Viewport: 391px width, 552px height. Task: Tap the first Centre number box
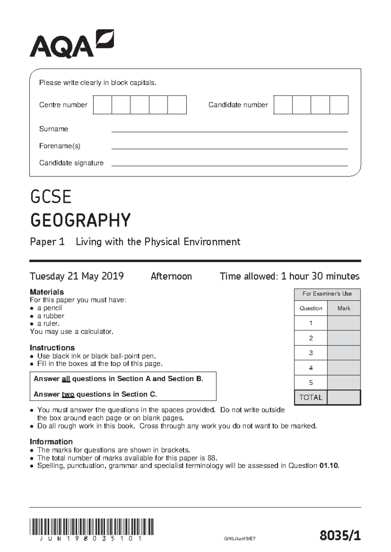click(x=102, y=105)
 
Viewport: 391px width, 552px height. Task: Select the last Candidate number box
click(x=339, y=105)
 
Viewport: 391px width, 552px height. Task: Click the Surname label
click(x=53, y=129)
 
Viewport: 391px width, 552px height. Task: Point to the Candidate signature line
click(x=230, y=165)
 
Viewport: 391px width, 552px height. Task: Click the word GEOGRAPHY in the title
click(x=80, y=220)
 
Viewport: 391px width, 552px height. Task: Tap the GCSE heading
click(x=51, y=197)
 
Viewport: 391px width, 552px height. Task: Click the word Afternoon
click(x=171, y=276)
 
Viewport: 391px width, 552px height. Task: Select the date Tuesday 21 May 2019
click(x=77, y=276)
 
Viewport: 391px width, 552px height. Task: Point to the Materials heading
click(x=47, y=292)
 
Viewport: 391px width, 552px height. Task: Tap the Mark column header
click(x=344, y=308)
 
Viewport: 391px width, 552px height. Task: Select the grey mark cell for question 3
click(x=344, y=353)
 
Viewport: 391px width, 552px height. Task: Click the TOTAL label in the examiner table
click(x=311, y=397)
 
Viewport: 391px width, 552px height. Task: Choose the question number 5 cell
click(x=311, y=382)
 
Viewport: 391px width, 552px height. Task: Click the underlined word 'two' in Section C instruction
click(x=68, y=394)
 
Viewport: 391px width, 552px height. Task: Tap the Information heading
click(x=51, y=442)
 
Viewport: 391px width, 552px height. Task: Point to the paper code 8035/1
click(x=340, y=535)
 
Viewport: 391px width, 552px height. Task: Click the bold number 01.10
click(x=329, y=466)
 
